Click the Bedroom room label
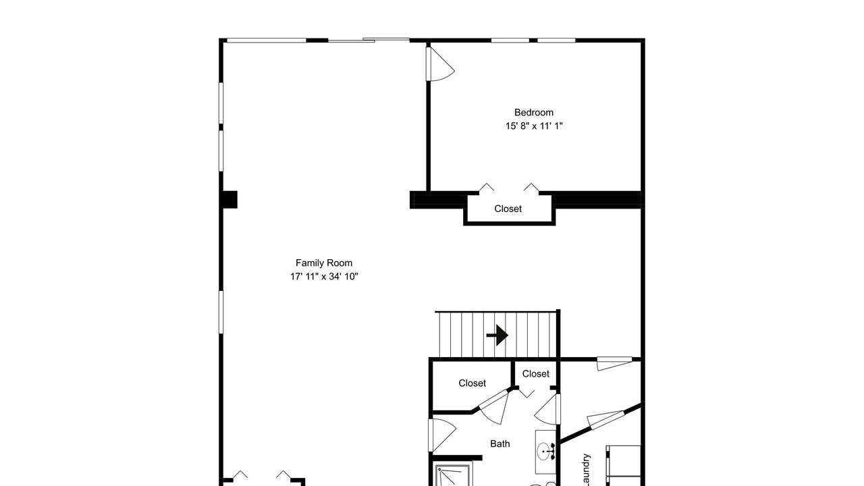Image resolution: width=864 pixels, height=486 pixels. [x=534, y=113]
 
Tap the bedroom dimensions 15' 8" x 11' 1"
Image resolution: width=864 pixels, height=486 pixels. [x=534, y=126]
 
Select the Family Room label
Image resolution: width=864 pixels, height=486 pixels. [x=324, y=263]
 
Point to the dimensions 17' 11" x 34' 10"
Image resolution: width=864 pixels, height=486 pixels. [x=325, y=277]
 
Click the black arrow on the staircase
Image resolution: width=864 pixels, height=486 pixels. [x=497, y=335]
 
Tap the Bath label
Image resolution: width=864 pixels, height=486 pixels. [x=500, y=444]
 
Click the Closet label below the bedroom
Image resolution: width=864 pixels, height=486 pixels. [x=508, y=209]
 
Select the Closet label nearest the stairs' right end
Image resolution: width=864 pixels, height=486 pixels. [x=536, y=374]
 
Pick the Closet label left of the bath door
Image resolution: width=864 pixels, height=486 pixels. [x=472, y=383]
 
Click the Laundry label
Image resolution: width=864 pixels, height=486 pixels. [x=586, y=471]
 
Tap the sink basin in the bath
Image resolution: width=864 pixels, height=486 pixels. [x=543, y=452]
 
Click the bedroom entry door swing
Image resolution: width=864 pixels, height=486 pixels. [x=440, y=64]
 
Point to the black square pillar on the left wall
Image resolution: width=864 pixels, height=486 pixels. [x=230, y=200]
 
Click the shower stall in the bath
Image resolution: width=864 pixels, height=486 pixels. [x=453, y=475]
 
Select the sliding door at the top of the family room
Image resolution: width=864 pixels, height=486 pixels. [x=369, y=40]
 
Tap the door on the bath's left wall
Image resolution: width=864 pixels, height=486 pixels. [x=442, y=435]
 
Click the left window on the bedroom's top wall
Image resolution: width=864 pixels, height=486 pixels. [x=510, y=40]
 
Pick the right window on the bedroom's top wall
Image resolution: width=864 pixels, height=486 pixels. [x=557, y=40]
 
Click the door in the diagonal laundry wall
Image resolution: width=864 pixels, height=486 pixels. [x=606, y=419]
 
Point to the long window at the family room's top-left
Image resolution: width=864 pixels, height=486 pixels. [x=267, y=40]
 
